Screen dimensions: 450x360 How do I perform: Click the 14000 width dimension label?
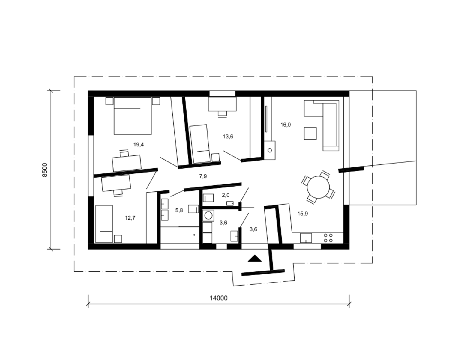point(218,298)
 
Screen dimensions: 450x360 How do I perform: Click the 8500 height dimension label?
point(45,170)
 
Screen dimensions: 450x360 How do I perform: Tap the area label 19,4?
point(138,145)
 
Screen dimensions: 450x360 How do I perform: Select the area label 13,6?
point(228,136)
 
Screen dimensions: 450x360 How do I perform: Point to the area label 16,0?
point(286,125)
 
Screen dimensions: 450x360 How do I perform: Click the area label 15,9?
point(303,214)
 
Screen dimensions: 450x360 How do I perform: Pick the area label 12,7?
point(130,218)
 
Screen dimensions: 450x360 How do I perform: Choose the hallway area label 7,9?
point(203,176)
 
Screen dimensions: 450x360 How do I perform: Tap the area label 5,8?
point(179,210)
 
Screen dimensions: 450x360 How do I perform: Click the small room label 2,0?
point(226,195)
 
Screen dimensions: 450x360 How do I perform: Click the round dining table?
point(318,187)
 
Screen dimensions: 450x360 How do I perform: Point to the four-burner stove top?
point(328,238)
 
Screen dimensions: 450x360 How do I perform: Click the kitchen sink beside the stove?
point(306,238)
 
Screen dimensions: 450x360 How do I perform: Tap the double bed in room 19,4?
point(133,116)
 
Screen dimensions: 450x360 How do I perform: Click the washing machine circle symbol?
point(208,215)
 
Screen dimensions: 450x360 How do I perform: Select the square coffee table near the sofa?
point(310,133)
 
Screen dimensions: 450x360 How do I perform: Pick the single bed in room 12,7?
point(104,224)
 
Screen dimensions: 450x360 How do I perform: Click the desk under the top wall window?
point(222,104)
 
